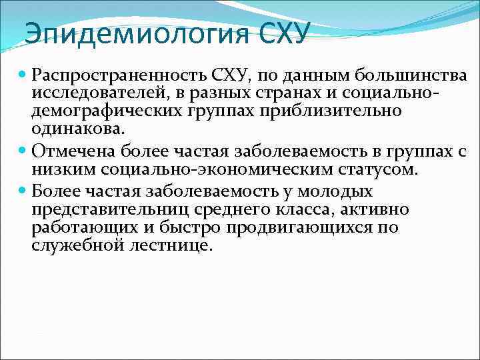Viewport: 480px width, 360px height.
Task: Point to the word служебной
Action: click(x=75, y=246)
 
